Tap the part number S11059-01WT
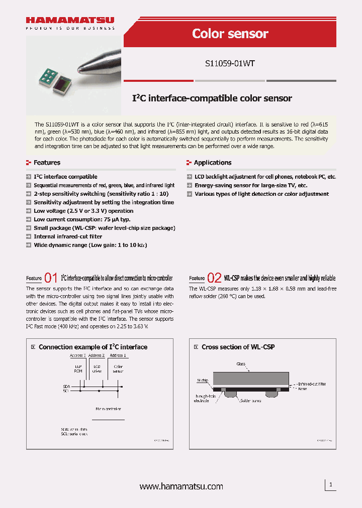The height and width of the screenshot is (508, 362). pyautogui.click(x=230, y=64)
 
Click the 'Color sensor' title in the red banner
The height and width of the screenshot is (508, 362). pyautogui.click(x=230, y=34)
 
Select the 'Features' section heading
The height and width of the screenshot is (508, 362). pyautogui.click(x=47, y=163)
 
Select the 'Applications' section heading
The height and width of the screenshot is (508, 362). pyautogui.click(x=213, y=163)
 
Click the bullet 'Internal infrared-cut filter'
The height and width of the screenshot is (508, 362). pyautogui.click(x=68, y=236)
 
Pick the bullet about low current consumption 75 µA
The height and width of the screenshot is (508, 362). pyautogui.click(x=82, y=219)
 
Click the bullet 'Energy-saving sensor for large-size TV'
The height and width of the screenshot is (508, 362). pyautogui.click(x=251, y=185)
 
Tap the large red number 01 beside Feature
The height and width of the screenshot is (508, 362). pyautogui.click(x=51, y=278)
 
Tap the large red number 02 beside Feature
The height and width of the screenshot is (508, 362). pyautogui.click(x=214, y=278)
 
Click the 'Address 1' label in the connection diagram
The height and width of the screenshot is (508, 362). pyautogui.click(x=118, y=355)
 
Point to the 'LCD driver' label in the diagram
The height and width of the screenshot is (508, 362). pyautogui.click(x=98, y=369)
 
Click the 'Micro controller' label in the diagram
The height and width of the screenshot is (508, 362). pyautogui.click(x=108, y=409)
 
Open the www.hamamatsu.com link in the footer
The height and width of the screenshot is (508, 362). pyautogui.click(x=181, y=486)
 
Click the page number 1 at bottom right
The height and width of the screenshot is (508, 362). pyautogui.click(x=330, y=484)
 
